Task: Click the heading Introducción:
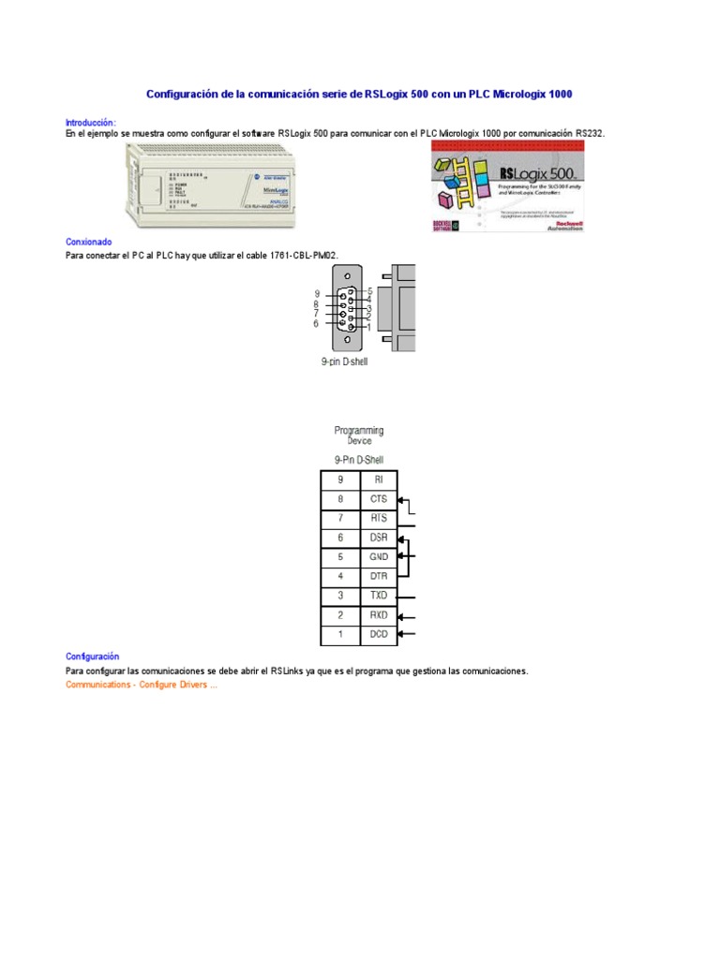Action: pos(91,123)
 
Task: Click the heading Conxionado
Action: pos(89,242)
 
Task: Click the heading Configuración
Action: pos(93,657)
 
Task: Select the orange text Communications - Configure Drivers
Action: pos(142,685)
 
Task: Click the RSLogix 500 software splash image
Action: pos(507,187)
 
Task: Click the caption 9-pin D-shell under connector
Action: pos(338,361)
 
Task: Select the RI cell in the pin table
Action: pos(379,479)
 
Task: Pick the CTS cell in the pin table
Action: pos(379,499)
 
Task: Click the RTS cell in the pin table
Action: pos(379,519)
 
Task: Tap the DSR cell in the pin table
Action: pos(379,539)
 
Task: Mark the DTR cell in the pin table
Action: pos(379,577)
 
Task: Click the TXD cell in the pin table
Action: pos(379,597)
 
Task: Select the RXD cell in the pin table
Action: pos(379,616)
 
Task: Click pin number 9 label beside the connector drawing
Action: pos(317,294)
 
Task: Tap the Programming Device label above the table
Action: pos(359,435)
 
